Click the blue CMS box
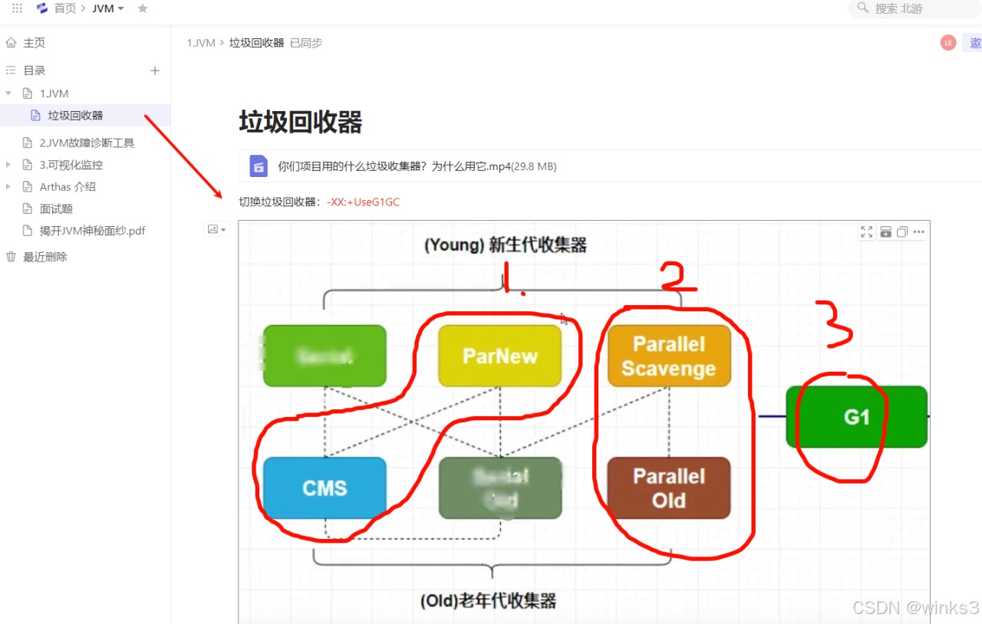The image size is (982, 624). click(325, 488)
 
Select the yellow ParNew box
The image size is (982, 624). click(499, 356)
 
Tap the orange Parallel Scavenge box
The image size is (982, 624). click(669, 356)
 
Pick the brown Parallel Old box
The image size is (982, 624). click(668, 488)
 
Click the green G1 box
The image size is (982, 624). click(856, 417)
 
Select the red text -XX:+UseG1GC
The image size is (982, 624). click(363, 202)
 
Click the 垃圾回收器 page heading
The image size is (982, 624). click(300, 123)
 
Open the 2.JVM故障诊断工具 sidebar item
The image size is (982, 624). click(87, 143)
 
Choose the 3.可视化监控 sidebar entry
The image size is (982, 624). click(71, 165)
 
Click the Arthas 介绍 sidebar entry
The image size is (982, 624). click(68, 187)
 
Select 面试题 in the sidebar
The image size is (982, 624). click(56, 209)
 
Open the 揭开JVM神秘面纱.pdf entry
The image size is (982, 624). click(92, 231)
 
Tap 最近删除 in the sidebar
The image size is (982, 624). click(45, 257)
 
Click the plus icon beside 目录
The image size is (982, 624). click(155, 71)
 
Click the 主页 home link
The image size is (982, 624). click(34, 43)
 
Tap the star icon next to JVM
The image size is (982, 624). click(142, 8)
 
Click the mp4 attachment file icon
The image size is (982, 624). click(259, 166)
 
